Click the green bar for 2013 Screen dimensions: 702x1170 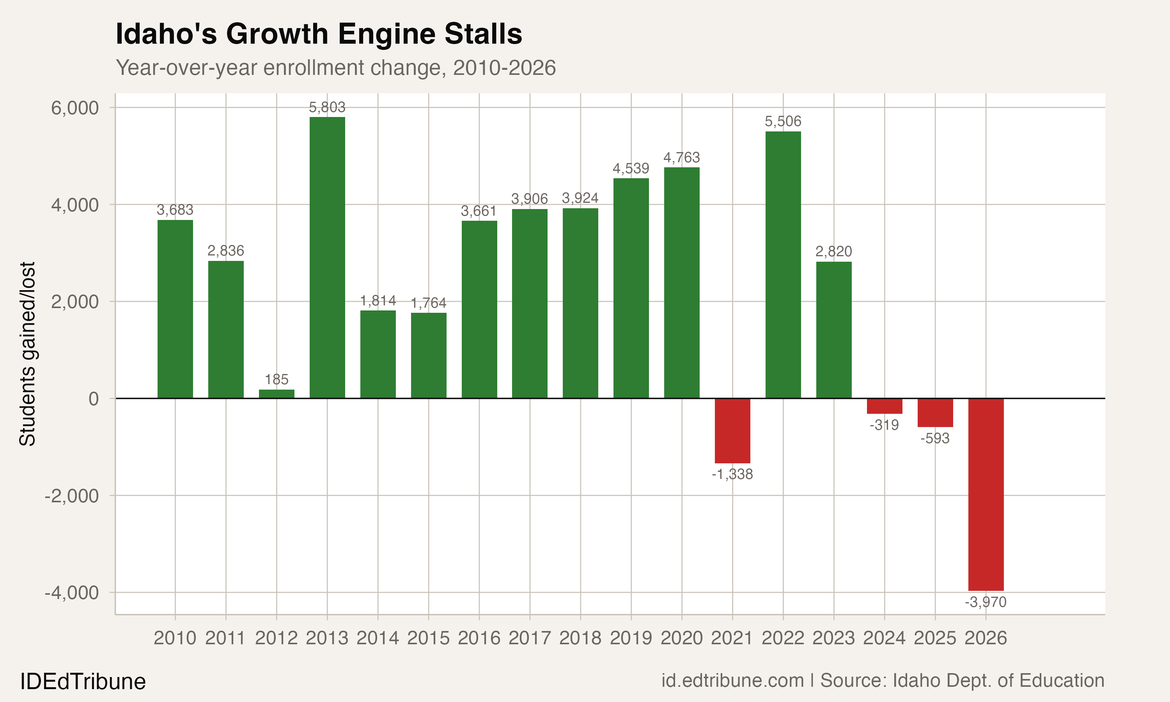click(327, 258)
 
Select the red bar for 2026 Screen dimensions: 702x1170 click(986, 495)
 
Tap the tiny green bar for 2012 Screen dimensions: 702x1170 click(277, 394)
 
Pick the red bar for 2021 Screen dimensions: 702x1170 click(732, 431)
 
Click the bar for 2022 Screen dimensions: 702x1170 click(783, 265)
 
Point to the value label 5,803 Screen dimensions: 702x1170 click(327, 107)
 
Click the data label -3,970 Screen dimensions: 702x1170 click(986, 602)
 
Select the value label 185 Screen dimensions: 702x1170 click(277, 379)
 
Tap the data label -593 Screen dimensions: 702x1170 click(935, 438)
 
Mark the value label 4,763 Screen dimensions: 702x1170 click(681, 158)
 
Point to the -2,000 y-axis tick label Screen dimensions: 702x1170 click(72, 496)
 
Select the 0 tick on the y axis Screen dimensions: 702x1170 click(94, 399)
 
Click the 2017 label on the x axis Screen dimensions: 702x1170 click(530, 638)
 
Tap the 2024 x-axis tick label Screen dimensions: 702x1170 click(885, 638)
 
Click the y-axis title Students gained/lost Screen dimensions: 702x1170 click(27, 354)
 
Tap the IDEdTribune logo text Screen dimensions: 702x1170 click(83, 682)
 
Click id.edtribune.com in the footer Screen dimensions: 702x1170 click(732, 681)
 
